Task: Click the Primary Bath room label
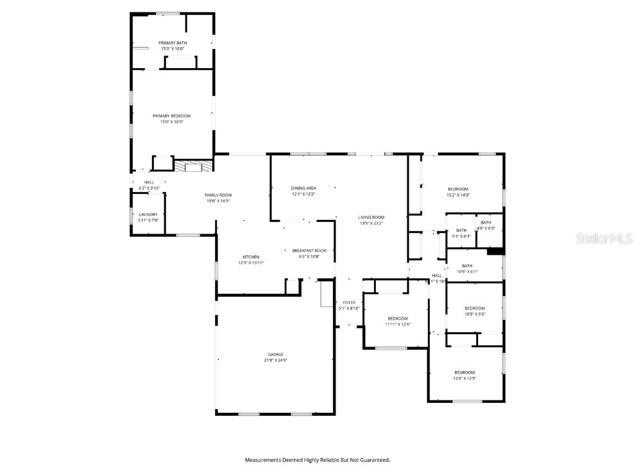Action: click(x=172, y=43)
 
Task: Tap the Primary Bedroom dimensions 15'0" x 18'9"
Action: click(x=172, y=122)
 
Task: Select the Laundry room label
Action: click(x=148, y=214)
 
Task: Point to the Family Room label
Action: click(x=218, y=195)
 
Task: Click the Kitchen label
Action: click(x=251, y=257)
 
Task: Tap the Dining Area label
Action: click(x=304, y=188)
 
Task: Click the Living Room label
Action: click(x=371, y=217)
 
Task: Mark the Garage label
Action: click(x=276, y=355)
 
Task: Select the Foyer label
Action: click(x=349, y=302)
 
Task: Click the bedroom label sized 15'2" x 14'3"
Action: click(x=458, y=189)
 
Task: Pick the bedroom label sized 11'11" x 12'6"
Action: click(x=398, y=318)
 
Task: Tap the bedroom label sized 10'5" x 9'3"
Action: click(x=475, y=308)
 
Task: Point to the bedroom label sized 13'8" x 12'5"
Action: click(x=464, y=372)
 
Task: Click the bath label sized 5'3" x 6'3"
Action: click(x=461, y=230)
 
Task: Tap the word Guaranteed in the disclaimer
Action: click(x=374, y=460)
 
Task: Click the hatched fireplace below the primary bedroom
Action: click(x=193, y=165)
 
